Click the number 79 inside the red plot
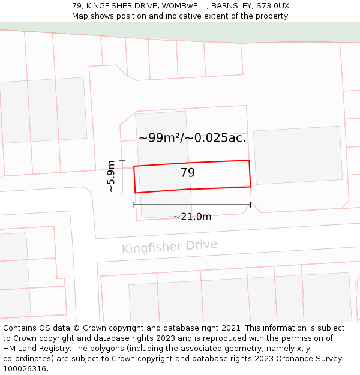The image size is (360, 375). point(188,173)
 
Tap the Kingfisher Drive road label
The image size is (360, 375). point(169,246)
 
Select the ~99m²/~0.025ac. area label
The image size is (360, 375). point(192,137)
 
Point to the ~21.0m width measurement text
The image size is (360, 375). point(192,217)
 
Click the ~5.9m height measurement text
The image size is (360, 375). point(110,176)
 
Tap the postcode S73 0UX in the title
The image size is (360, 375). point(272,5)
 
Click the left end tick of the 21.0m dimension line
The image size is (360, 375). point(134,205)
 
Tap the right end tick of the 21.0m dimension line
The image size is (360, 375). point(250,205)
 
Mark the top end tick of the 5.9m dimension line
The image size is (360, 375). point(122,160)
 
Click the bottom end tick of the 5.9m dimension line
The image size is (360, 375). point(122,193)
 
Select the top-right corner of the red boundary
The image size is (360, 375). point(249,160)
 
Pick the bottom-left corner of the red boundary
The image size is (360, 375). point(135,193)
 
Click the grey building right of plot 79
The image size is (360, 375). point(298,155)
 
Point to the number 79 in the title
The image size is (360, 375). point(77,5)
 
